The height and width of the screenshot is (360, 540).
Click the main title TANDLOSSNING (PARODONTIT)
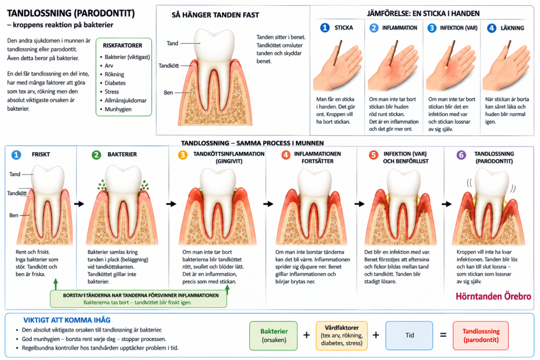click(71, 13)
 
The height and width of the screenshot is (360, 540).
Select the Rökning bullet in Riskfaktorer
click(114, 74)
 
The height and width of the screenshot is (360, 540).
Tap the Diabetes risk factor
click(115, 83)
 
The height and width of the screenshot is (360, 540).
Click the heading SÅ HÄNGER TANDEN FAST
click(215, 15)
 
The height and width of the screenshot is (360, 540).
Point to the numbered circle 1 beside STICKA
click(325, 27)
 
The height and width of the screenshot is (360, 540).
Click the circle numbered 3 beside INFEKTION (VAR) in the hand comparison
click(432, 28)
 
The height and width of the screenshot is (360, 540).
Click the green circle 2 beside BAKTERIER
click(97, 154)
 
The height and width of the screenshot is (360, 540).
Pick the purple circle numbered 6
click(461, 155)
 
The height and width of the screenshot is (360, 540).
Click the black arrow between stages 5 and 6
click(447, 204)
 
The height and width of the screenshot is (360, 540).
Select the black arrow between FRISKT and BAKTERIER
click(79, 204)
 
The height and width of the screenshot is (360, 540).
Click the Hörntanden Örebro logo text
click(493, 296)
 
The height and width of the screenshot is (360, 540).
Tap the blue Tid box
click(409, 335)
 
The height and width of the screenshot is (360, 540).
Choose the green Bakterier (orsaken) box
click(274, 336)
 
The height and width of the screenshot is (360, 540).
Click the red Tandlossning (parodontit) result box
click(481, 336)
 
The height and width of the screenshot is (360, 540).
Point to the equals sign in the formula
click(443, 335)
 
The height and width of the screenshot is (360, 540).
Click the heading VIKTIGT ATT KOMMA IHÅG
click(67, 320)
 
